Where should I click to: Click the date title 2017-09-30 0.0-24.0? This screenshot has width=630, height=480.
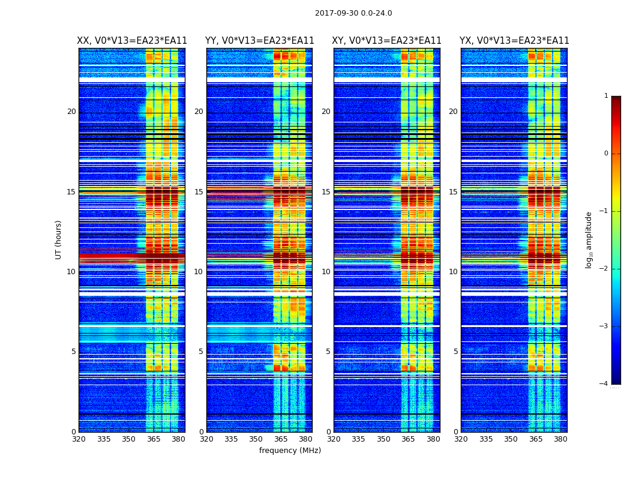pyautogui.click(x=353, y=13)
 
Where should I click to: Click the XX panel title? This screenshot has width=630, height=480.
pyautogui.click(x=132, y=41)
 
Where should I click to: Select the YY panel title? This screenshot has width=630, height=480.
pyautogui.click(x=259, y=41)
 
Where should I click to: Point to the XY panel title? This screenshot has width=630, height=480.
pyautogui.click(x=386, y=41)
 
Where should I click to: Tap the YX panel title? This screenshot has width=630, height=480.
pyautogui.click(x=514, y=41)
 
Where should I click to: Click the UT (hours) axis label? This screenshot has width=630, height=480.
pyautogui.click(x=59, y=239)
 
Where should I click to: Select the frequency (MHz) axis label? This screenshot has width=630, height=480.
pyautogui.click(x=290, y=451)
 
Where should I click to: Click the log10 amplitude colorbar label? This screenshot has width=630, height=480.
pyautogui.click(x=589, y=239)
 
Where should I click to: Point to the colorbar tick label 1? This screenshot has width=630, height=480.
pyautogui.click(x=606, y=96)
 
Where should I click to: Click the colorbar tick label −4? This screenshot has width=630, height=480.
pyautogui.click(x=604, y=384)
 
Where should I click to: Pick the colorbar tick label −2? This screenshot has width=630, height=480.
pyautogui.click(x=604, y=269)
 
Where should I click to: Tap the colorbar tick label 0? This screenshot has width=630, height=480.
pyautogui.click(x=606, y=154)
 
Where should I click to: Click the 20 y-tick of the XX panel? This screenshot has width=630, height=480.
pyautogui.click(x=71, y=112)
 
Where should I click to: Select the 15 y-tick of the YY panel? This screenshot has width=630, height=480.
pyautogui.click(x=199, y=192)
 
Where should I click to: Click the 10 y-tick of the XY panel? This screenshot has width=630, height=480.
pyautogui.click(x=326, y=272)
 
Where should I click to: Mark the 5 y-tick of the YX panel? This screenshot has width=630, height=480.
pyautogui.click(x=455, y=352)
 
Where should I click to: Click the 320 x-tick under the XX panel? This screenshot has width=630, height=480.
pyautogui.click(x=79, y=439)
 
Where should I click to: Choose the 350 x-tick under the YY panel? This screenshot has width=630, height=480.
pyautogui.click(x=256, y=439)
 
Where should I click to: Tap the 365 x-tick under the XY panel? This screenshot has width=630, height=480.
pyautogui.click(x=408, y=439)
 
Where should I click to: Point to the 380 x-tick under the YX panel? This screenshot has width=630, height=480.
pyautogui.click(x=560, y=439)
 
